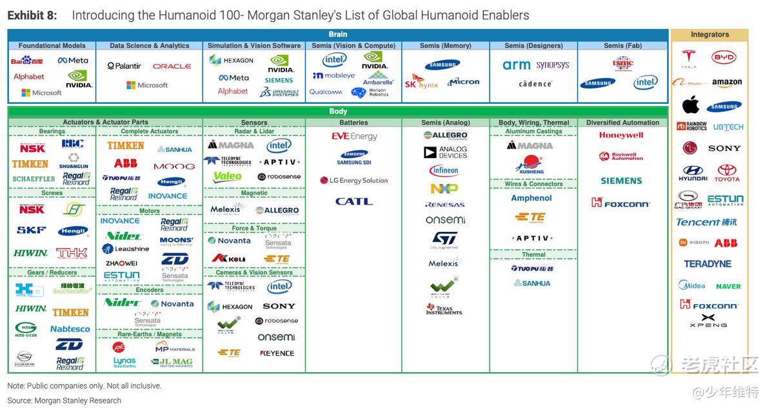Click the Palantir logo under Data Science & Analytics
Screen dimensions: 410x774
[x=124, y=66]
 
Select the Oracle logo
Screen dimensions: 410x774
[x=172, y=66]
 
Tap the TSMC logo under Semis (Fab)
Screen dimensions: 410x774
[x=622, y=63]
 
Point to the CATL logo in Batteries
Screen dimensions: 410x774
[x=353, y=201]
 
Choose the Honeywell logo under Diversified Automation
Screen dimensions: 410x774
[x=621, y=136]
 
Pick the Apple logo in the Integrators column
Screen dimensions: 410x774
[x=691, y=105]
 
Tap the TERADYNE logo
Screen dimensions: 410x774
[x=708, y=264]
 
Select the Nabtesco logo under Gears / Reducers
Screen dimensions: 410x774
[x=70, y=329]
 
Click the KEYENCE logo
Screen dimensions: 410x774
[x=277, y=353]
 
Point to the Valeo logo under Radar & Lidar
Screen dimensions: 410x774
[x=227, y=176]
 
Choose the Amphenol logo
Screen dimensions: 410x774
[x=531, y=198]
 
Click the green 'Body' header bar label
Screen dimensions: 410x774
[x=338, y=112]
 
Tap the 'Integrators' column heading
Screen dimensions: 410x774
[x=709, y=35]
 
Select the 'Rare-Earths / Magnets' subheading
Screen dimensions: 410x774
[x=150, y=334]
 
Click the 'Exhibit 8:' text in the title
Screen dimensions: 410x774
[x=32, y=15]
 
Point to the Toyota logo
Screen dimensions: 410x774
[x=727, y=172]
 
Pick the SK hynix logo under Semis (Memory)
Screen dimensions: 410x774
[x=421, y=83]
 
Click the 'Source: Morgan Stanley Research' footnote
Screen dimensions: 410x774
[x=64, y=400]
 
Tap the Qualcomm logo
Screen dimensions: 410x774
[x=326, y=92]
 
